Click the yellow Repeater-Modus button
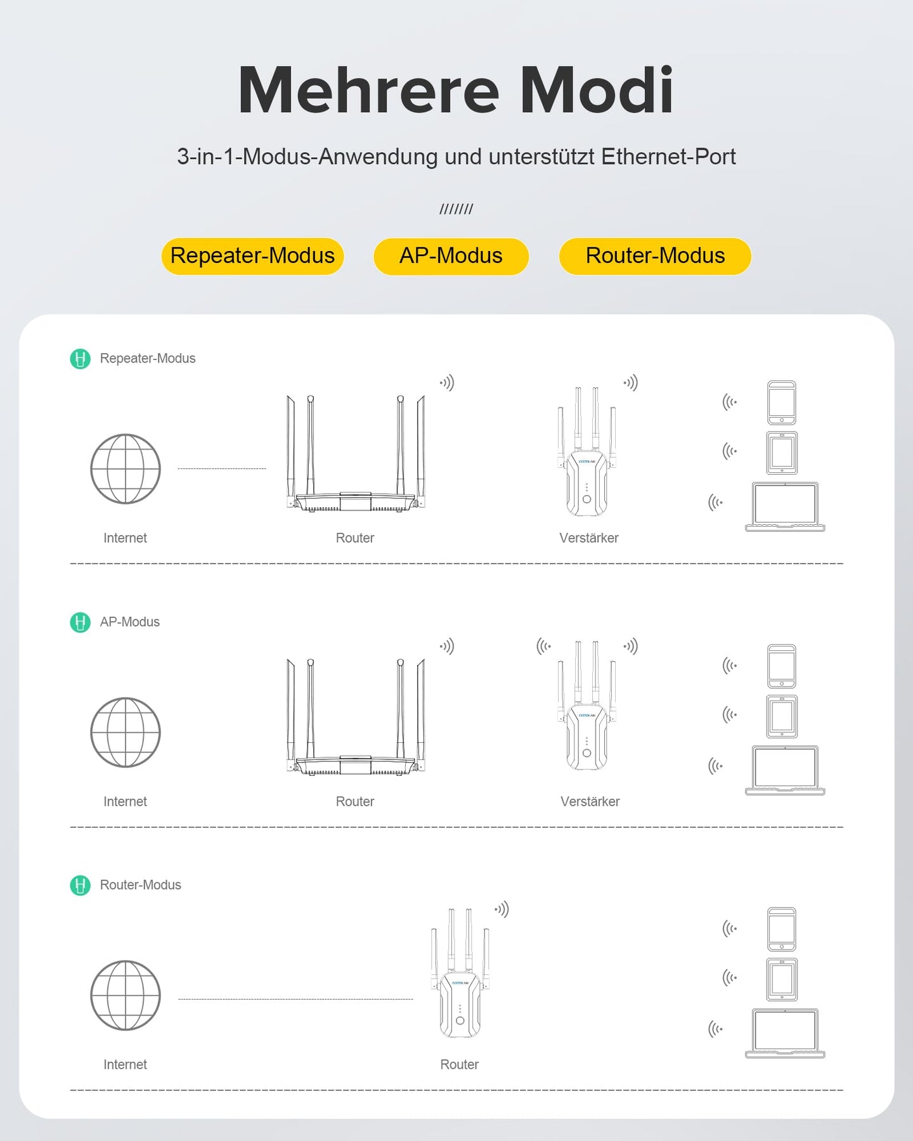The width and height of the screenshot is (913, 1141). pyautogui.click(x=252, y=256)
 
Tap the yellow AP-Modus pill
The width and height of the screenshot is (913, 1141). pyautogui.click(x=451, y=256)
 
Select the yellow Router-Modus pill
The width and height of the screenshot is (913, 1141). pyautogui.click(x=655, y=256)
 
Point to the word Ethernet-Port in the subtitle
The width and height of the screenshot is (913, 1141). pyautogui.click(x=668, y=157)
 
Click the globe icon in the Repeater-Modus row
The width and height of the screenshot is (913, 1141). pyautogui.click(x=126, y=469)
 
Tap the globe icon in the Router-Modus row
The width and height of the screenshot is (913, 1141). pyautogui.click(x=126, y=995)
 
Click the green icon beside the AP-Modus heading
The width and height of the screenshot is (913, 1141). pyautogui.click(x=80, y=622)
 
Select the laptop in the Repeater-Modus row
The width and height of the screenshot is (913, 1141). pyautogui.click(x=785, y=507)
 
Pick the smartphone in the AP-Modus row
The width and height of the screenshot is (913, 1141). pyautogui.click(x=782, y=666)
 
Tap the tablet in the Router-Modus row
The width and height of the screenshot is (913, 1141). pyautogui.click(x=782, y=979)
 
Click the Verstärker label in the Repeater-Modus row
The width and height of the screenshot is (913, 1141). pyautogui.click(x=589, y=538)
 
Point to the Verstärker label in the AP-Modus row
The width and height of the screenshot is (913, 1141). pyautogui.click(x=590, y=802)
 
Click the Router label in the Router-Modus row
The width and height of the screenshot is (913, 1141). pyautogui.click(x=460, y=1065)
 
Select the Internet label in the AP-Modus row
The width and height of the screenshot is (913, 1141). pyautogui.click(x=125, y=802)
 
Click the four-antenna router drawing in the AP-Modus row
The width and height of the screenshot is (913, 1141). pyautogui.click(x=356, y=717)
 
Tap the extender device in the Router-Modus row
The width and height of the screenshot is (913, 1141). pyautogui.click(x=460, y=973)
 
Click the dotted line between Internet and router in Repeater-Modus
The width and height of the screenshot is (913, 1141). pyautogui.click(x=222, y=469)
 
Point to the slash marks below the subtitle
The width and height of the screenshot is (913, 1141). pyautogui.click(x=456, y=209)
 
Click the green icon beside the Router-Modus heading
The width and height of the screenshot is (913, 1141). pyautogui.click(x=80, y=886)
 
